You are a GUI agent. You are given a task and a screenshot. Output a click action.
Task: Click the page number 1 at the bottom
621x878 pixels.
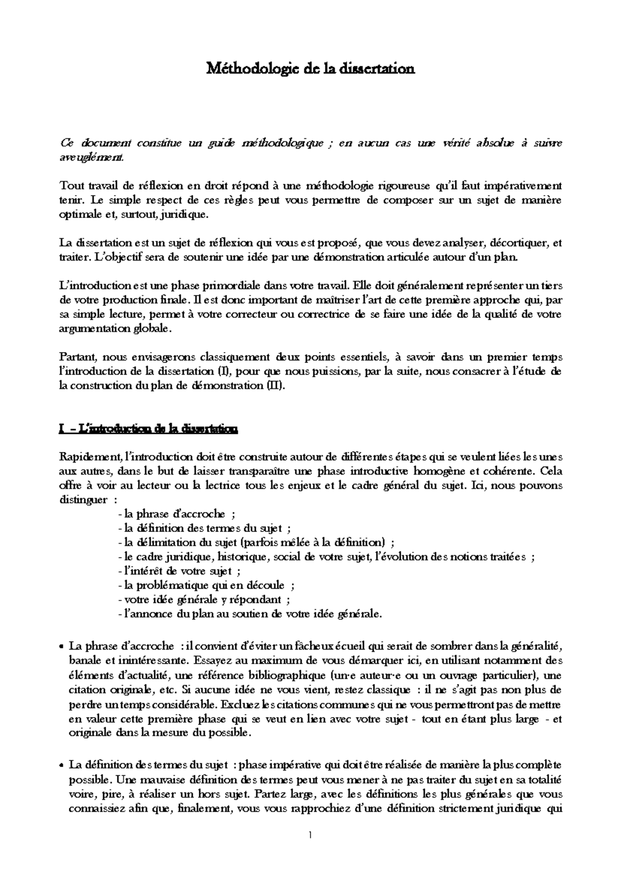pos(309,835)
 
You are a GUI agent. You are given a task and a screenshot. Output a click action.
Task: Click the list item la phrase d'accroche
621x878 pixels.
pos(176,514)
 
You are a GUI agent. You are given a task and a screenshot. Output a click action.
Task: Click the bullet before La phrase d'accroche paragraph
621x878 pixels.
pos(62,647)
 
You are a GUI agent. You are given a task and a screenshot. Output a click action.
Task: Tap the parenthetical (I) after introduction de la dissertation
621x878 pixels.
pos(219,371)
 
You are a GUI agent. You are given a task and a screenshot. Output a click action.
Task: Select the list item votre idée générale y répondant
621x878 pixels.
pos(203,599)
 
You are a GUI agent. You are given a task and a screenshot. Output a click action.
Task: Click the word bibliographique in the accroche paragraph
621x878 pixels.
pos(288,675)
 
